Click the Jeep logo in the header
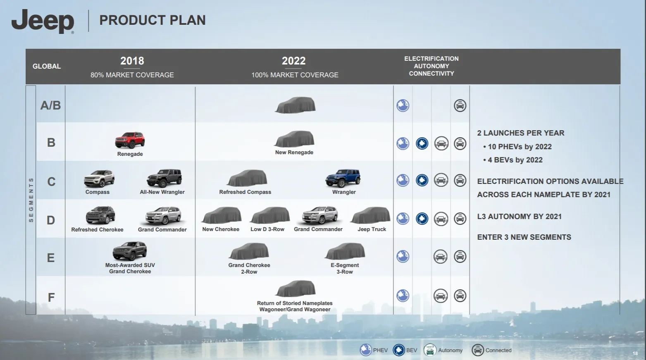coord(43,21)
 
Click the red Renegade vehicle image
coord(130,140)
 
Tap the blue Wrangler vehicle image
coord(343,178)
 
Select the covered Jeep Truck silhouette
coord(370,215)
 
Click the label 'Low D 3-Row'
coord(267,229)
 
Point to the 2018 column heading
coord(132,61)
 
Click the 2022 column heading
coord(293,61)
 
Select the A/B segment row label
coord(50,105)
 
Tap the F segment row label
coord(51,298)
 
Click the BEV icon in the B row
coord(422,143)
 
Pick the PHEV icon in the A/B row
coord(403,105)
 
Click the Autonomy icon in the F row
coord(440,296)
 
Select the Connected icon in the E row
coord(460,256)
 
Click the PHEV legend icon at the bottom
coord(366,350)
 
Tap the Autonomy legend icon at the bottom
coord(430,350)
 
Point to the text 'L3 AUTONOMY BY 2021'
coord(520,217)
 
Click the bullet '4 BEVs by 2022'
coord(515,160)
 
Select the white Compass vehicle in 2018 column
coord(99,179)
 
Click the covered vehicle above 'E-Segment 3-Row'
coord(345,251)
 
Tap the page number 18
coord(635,353)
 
